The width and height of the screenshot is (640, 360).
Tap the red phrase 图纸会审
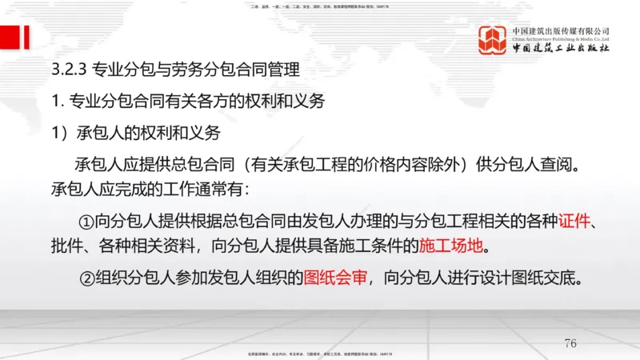tap(335, 278)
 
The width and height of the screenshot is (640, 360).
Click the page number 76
tap(570, 344)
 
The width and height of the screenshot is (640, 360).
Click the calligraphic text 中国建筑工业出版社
tap(561, 49)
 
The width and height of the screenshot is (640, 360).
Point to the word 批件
tap(65, 243)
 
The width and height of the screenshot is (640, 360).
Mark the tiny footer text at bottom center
tap(320, 353)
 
